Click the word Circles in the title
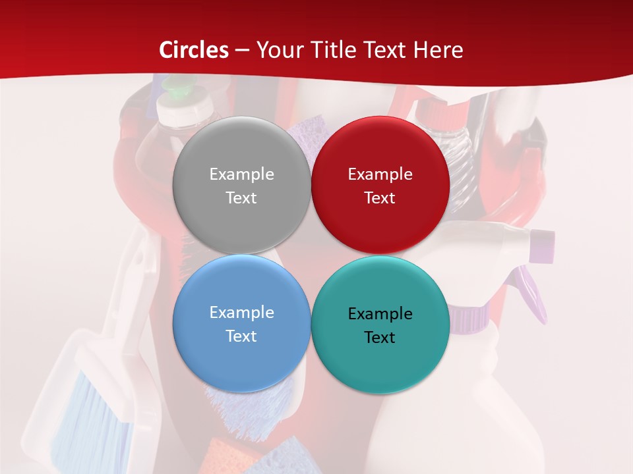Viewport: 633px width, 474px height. [x=194, y=50]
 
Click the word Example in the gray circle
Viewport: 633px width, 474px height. [x=241, y=174]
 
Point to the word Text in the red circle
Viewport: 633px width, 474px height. [x=380, y=198]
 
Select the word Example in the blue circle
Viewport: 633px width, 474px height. [x=241, y=313]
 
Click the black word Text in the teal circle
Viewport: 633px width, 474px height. [x=380, y=338]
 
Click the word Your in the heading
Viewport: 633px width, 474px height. [x=278, y=50]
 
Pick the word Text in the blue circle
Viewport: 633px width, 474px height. [x=241, y=336]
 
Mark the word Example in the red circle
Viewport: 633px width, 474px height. [x=380, y=174]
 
